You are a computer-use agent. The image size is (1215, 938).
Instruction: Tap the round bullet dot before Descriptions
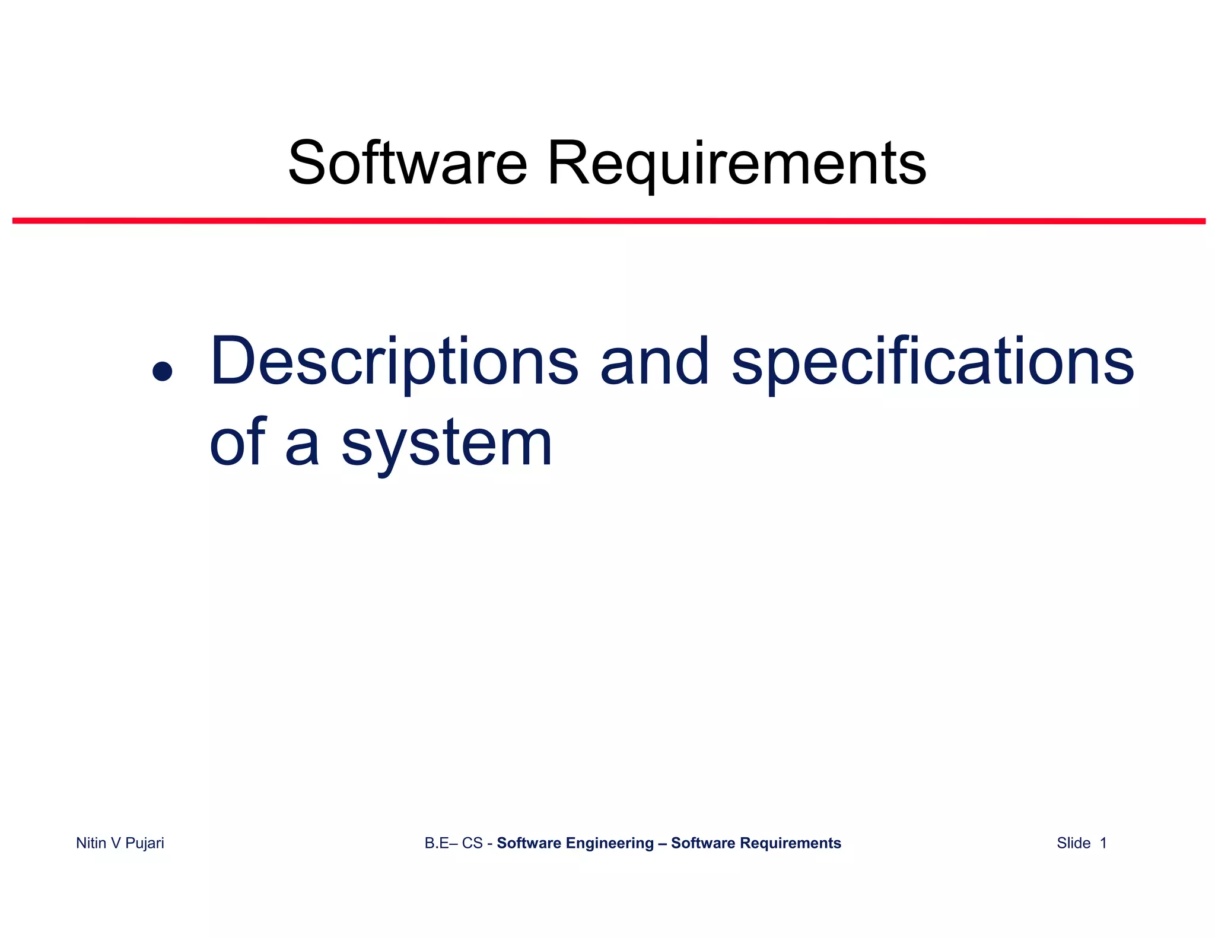pyautogui.click(x=162, y=372)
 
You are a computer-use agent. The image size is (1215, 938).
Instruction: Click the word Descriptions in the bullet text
pyautogui.click(x=394, y=362)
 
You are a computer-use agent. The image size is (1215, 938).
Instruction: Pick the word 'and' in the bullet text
pyautogui.click(x=654, y=362)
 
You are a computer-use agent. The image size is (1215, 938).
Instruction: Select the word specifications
pyautogui.click(x=933, y=362)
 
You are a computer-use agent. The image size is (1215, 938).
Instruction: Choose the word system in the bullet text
pyautogui.click(x=446, y=445)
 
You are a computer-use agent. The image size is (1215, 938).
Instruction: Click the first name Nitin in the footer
pyautogui.click(x=91, y=843)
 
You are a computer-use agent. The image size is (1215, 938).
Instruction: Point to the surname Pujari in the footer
pyautogui.click(x=145, y=843)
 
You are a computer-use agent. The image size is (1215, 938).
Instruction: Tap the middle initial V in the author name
pyautogui.click(x=116, y=843)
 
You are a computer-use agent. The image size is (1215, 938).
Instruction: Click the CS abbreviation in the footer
pyautogui.click(x=472, y=843)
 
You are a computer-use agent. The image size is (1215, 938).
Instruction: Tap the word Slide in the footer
pyautogui.click(x=1073, y=843)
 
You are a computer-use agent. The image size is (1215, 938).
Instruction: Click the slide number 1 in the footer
pyautogui.click(x=1103, y=843)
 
